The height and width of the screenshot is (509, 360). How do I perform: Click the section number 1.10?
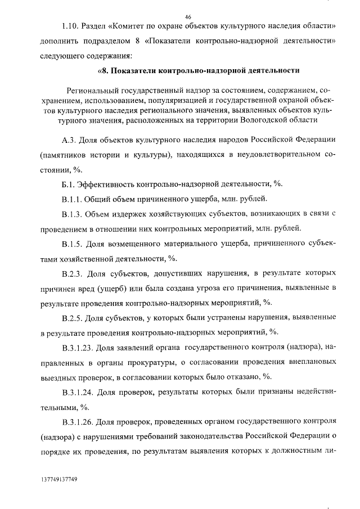click(x=72, y=27)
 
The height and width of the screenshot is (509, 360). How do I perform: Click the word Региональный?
click(x=93, y=90)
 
